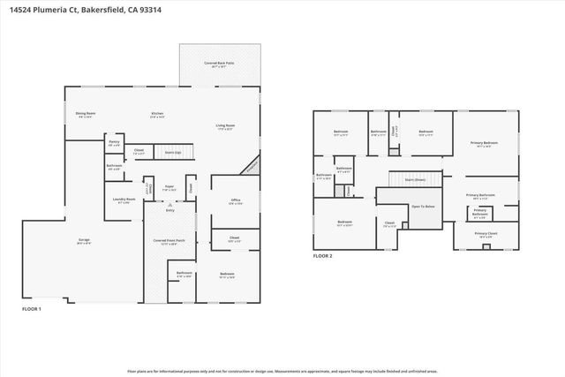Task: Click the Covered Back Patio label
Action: [x=218, y=64]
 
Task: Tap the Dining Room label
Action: [x=85, y=115]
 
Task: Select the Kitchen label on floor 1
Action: [x=157, y=115]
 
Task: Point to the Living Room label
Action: [x=225, y=127]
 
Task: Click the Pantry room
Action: [x=114, y=143]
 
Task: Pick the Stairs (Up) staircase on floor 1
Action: [x=173, y=151]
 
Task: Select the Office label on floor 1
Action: [x=236, y=202]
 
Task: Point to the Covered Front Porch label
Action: [x=169, y=242]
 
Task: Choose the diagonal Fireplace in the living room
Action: [x=252, y=165]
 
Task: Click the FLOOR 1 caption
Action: [x=31, y=308]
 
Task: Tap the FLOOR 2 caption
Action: [x=322, y=256]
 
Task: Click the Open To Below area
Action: [x=423, y=207]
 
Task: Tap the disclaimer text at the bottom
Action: [x=282, y=370]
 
